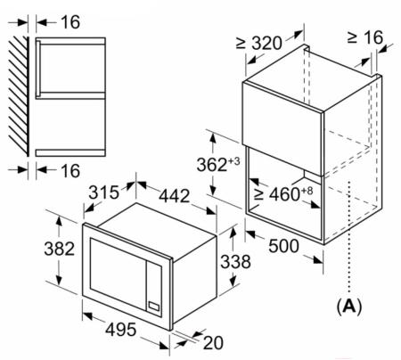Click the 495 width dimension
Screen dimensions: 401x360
(121, 330)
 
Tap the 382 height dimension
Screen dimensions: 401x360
(59, 249)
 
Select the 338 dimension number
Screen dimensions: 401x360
(235, 261)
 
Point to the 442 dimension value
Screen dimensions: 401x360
(174, 196)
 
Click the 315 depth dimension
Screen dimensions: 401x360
(103, 192)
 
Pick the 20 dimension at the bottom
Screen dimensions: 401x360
(213, 343)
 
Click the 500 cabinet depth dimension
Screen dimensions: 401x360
(283, 246)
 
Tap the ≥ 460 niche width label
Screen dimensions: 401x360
(283, 193)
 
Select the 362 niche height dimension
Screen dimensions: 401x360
(218, 164)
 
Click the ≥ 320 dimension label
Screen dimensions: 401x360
(258, 43)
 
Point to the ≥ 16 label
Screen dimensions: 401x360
(365, 37)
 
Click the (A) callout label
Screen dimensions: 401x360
(349, 306)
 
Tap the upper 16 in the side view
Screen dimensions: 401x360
(70, 22)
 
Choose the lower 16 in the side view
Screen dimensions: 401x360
(70, 170)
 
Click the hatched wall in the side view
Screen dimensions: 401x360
(19, 96)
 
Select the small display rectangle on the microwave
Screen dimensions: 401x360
(154, 306)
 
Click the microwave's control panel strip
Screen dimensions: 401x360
(154, 287)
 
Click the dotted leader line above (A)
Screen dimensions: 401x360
(349, 237)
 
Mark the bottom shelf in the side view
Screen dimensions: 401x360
(70, 152)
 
